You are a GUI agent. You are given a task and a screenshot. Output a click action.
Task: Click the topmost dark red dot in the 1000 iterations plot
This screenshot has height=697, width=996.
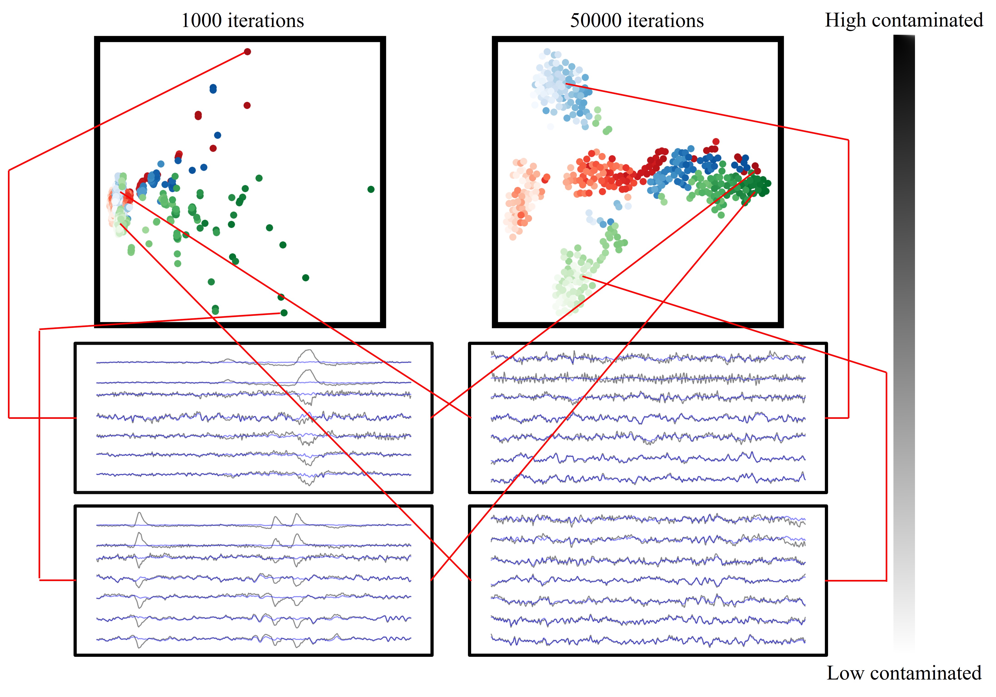click(x=247, y=52)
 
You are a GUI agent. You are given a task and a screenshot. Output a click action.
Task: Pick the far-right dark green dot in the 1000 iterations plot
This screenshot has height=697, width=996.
click(x=371, y=189)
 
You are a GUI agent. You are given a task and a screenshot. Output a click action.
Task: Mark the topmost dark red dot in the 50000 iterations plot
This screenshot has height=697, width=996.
click(x=716, y=141)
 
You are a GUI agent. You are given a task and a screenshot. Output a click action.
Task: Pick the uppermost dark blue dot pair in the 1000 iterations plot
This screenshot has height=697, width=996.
click(x=213, y=88)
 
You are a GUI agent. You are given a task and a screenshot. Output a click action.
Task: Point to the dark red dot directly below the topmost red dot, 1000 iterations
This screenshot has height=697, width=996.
click(x=247, y=106)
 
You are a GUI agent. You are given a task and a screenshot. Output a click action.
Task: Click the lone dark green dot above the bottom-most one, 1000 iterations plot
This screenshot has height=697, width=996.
click(x=281, y=297)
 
